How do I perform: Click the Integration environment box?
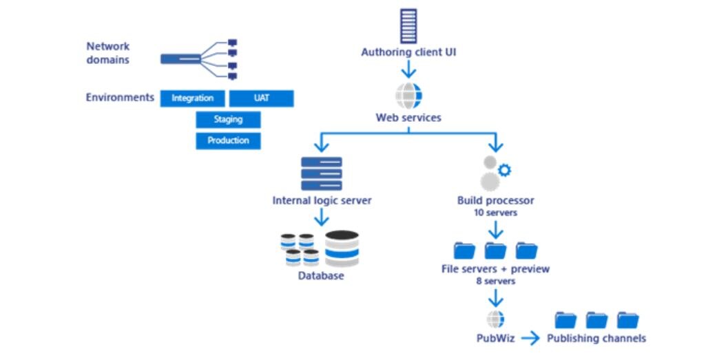point(193,98)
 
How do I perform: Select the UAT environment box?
point(261,98)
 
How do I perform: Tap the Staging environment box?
point(228,120)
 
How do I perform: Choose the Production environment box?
point(228,140)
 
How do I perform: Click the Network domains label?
point(108,53)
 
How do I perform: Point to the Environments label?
point(120,98)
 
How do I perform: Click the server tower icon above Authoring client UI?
point(408,26)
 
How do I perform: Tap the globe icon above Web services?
point(408,96)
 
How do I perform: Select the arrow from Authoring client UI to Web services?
point(408,70)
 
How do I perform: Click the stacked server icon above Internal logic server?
point(322,173)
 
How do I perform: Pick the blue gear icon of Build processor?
point(504,170)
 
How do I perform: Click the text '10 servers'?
point(495,213)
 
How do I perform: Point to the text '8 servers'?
point(495,281)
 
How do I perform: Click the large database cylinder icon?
point(342,248)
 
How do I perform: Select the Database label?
point(321,277)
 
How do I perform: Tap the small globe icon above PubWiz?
point(495,319)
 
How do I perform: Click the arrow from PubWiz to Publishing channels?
point(530,338)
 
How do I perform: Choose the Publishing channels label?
point(596,338)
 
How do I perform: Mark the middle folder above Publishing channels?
point(596,319)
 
